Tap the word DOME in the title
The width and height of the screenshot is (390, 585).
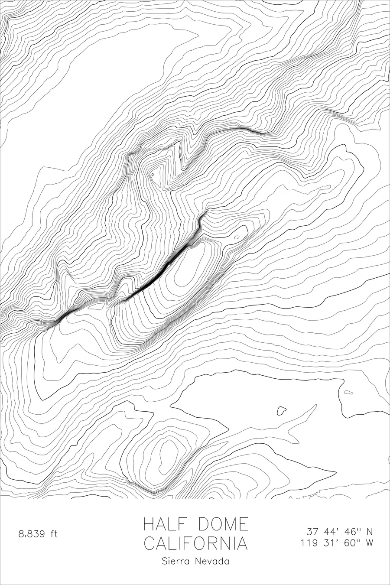pos(224,524)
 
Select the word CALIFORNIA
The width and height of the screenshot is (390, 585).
pos(196,543)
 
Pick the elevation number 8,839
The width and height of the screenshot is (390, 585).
pos(31,534)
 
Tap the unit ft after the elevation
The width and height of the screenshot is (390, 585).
pos(53,534)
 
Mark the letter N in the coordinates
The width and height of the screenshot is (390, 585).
pos(370,531)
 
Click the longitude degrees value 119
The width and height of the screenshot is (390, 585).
pos(309,543)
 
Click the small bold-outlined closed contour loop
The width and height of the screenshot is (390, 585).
pos(282,410)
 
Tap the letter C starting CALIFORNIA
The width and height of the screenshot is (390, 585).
pos(150,543)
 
